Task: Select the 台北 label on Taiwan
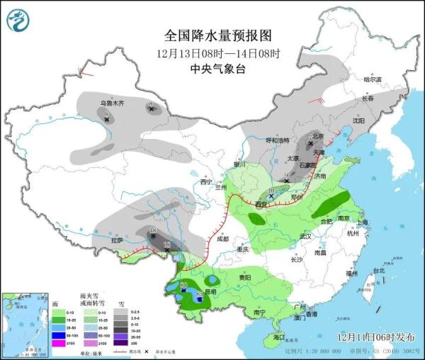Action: (378, 271)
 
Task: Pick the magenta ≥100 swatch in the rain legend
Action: (56, 344)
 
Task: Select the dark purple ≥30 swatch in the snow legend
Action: (121, 344)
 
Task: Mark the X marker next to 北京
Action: (310, 143)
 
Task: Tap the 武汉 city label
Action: (305, 236)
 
